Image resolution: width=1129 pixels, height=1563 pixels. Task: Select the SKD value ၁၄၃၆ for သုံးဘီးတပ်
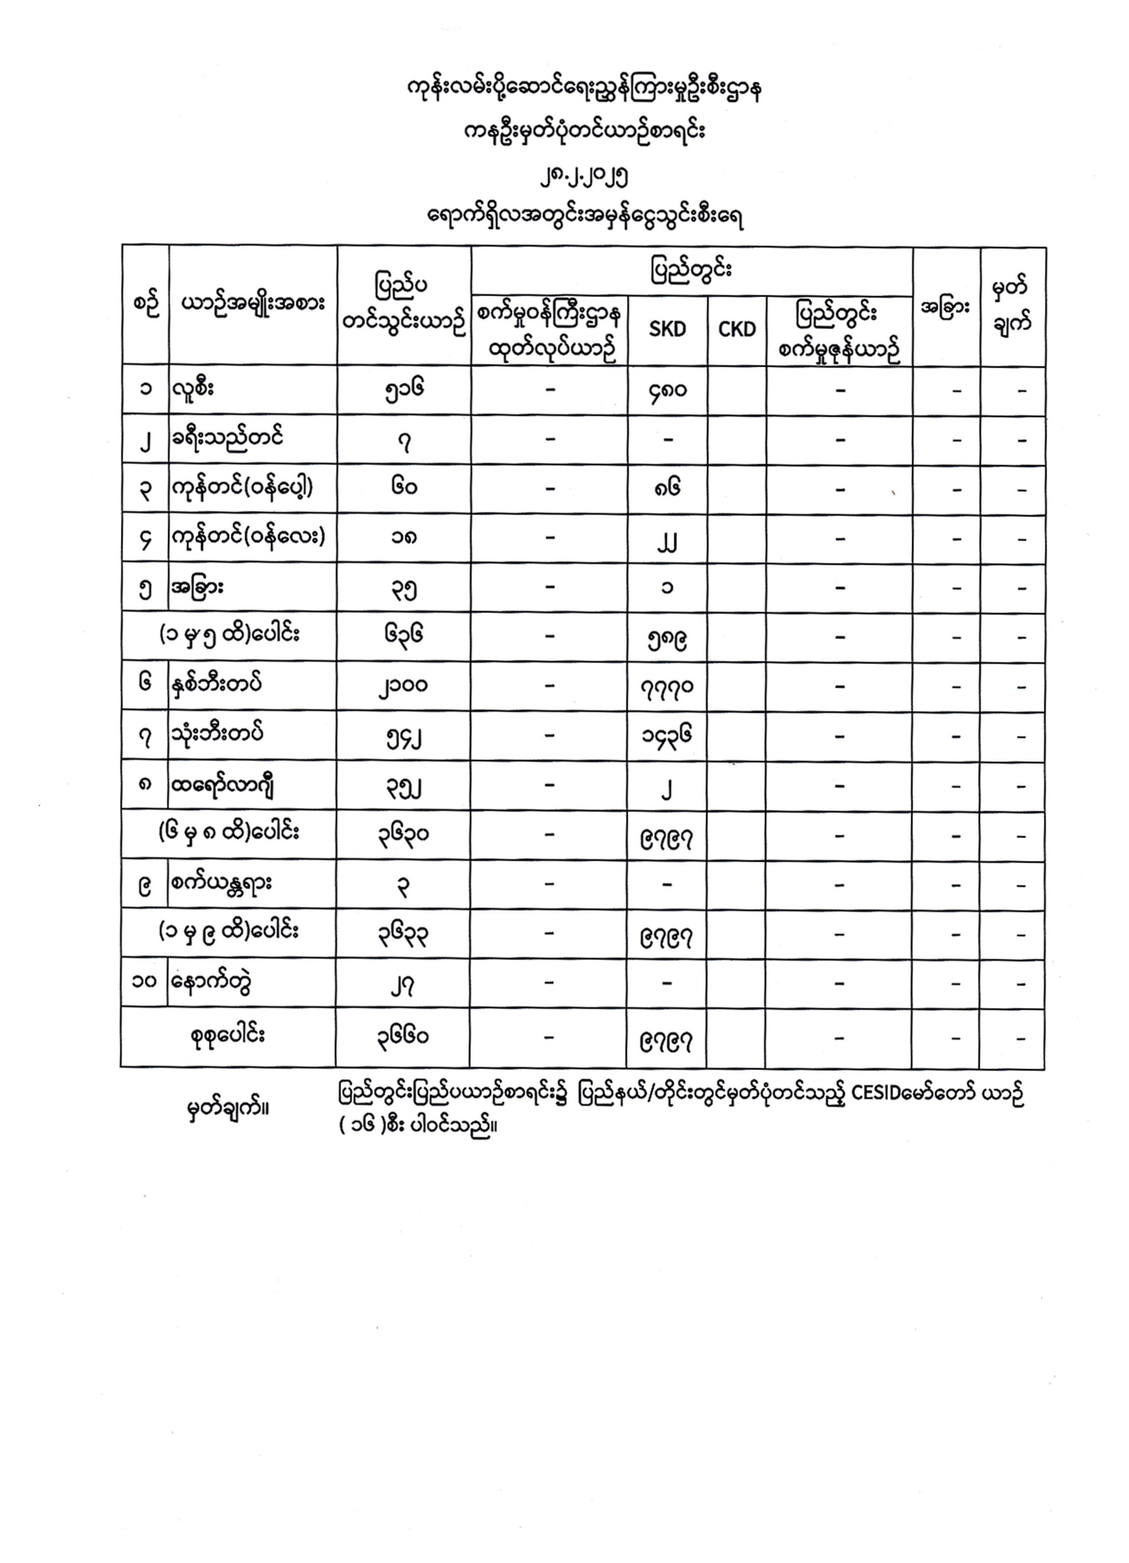(x=666, y=736)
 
